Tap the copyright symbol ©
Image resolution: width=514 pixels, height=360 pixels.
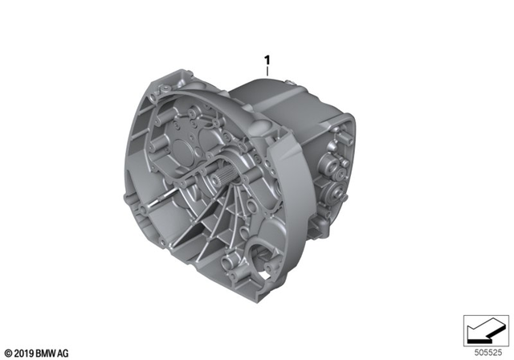(x=8, y=352)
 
